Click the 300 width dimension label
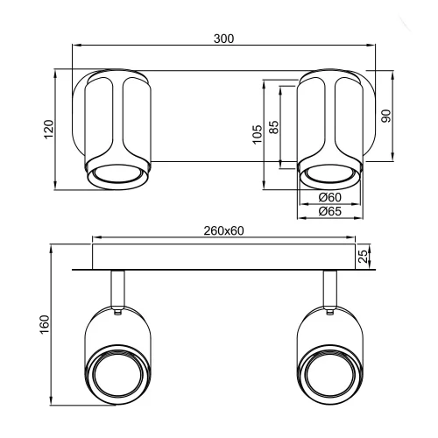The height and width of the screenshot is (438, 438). (x=223, y=39)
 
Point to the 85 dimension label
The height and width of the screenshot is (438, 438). (x=274, y=127)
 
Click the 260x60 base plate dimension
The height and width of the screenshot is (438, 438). (x=223, y=230)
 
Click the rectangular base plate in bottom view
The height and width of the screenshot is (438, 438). (x=223, y=257)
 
